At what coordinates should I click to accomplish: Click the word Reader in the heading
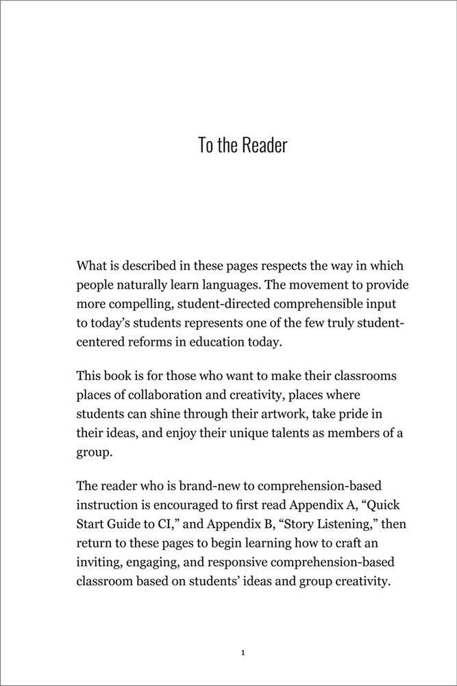click(x=263, y=146)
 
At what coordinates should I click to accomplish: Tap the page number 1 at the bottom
click(x=243, y=652)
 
